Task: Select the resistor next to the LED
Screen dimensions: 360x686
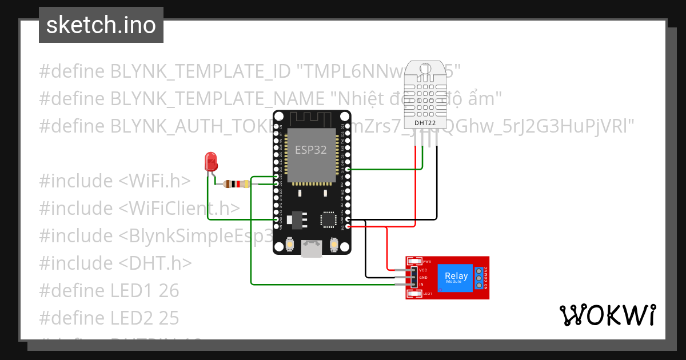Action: pos(237,184)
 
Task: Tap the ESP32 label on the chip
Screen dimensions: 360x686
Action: pos(311,150)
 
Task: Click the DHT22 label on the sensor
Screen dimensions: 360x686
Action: pos(424,122)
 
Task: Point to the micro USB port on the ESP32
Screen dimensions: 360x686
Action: pos(312,247)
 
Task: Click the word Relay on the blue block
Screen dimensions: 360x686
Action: pos(456,276)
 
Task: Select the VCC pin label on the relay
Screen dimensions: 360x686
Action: pos(423,270)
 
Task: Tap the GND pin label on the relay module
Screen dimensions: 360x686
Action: pos(423,277)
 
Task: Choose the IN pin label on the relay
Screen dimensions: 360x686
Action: pos(421,284)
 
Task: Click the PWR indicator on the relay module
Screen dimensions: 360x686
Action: pos(426,261)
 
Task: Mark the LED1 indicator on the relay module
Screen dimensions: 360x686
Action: pos(426,294)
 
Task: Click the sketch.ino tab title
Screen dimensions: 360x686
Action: pos(101,25)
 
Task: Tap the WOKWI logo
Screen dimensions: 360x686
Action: pos(607,315)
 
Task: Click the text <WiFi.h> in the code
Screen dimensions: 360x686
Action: pos(154,181)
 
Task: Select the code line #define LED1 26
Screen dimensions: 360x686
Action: pos(109,290)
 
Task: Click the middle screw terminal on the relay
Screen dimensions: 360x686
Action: pos(478,277)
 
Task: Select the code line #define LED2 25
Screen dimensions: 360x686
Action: pos(109,318)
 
